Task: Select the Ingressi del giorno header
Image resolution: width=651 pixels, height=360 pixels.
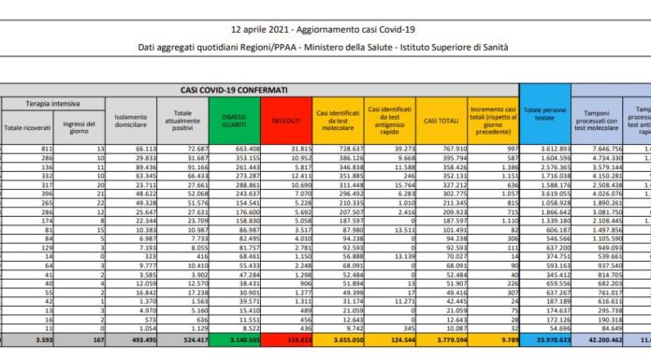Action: (x=80, y=126)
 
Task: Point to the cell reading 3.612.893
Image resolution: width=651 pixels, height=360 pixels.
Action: (x=544, y=148)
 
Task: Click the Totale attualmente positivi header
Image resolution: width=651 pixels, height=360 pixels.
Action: (x=181, y=122)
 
